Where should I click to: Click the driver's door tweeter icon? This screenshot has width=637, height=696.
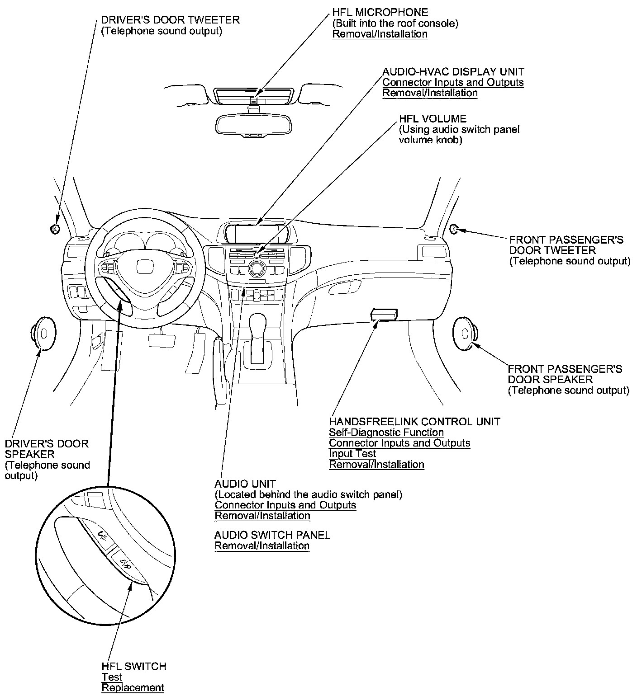click(x=55, y=229)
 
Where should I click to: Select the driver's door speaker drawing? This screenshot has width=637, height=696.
click(x=43, y=334)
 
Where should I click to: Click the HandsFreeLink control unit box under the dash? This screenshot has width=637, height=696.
click(x=384, y=314)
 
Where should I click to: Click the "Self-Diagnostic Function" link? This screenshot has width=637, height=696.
click(x=386, y=433)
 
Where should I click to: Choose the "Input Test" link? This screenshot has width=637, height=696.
click(x=352, y=454)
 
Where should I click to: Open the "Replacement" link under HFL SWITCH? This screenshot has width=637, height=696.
click(x=133, y=688)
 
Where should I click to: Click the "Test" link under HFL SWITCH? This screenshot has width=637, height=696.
click(x=112, y=677)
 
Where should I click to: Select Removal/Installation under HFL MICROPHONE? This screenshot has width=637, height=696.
click(x=380, y=34)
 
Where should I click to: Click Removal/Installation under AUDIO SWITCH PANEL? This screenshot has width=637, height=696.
click(x=262, y=546)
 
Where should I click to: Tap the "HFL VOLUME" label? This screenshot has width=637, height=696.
click(x=432, y=119)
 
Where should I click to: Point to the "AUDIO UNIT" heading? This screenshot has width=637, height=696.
click(x=245, y=484)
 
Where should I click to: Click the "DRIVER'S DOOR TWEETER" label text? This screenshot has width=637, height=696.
click(x=170, y=20)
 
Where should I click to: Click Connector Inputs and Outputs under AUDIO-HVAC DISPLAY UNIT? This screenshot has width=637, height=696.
click(x=453, y=82)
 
